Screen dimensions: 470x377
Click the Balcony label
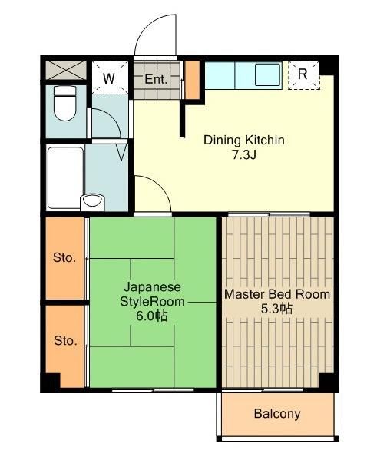coord(276,414)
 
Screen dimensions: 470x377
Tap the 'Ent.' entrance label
coord(156,78)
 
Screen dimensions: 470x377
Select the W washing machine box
coord(109,78)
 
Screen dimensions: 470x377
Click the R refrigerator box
coord(303,74)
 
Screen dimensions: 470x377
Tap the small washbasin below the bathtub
coord(91,203)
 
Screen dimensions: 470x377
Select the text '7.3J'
coord(243,155)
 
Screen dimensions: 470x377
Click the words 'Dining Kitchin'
coord(243,141)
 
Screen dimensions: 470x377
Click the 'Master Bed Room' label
coord(276,294)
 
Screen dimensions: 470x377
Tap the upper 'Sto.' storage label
coord(64,258)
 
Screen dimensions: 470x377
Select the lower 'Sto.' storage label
coord(64,340)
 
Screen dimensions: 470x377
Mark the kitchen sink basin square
coord(268,75)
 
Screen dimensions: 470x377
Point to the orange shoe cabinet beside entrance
coord(191,78)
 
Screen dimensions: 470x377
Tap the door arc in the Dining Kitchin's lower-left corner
coord(150,192)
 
